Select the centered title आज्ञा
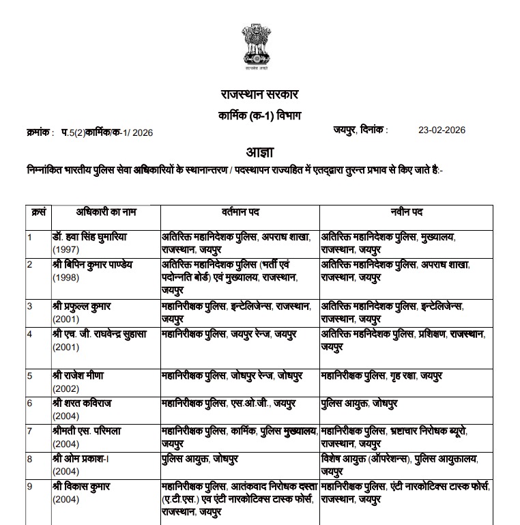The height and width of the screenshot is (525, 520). (x=259, y=152)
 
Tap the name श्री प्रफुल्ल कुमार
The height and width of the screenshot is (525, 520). (x=82, y=305)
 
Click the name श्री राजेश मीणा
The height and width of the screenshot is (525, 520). (x=78, y=375)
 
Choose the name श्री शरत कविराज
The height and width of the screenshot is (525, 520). (x=81, y=403)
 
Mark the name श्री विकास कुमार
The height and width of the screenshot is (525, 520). (x=81, y=487)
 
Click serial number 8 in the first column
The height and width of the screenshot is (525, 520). (x=30, y=459)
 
